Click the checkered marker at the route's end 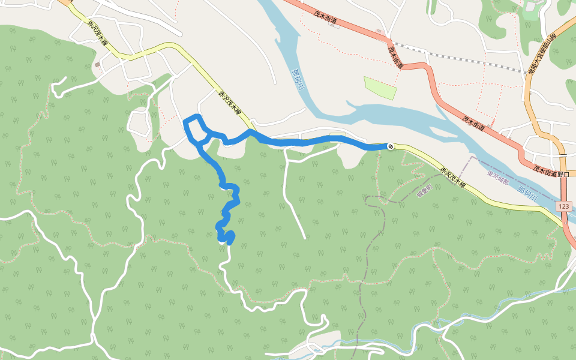(x=391, y=146)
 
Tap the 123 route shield (x=563, y=206)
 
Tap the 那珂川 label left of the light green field (x=298, y=79)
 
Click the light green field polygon (x=380, y=88)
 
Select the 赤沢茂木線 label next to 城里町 (x=454, y=177)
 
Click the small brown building (x=97, y=64)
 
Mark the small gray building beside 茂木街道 (x=379, y=30)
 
